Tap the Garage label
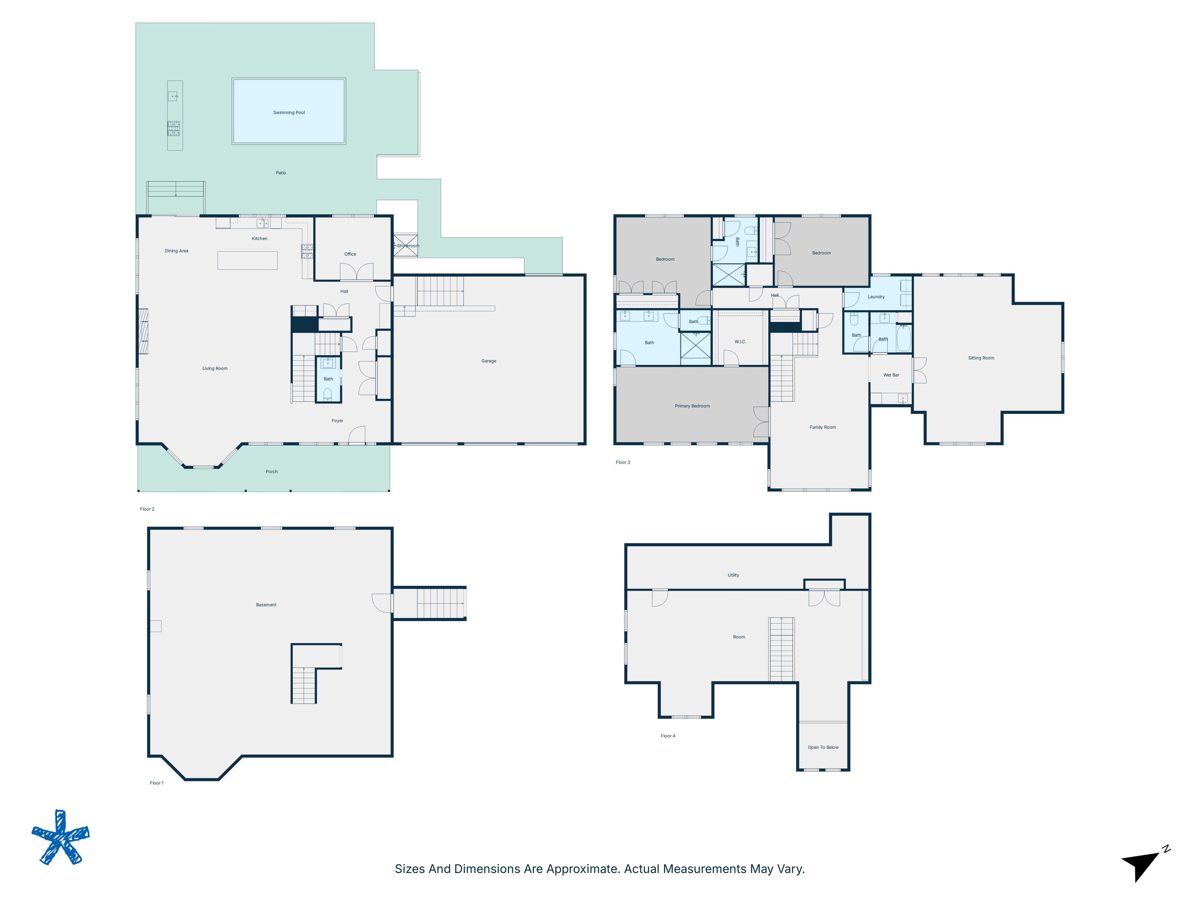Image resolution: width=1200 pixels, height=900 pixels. (488, 361)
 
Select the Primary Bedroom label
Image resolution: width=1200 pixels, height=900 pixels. (692, 406)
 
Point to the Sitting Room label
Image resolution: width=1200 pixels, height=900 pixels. (981, 358)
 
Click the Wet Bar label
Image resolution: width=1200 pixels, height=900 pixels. (891, 375)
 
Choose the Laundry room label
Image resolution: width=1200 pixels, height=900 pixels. (876, 297)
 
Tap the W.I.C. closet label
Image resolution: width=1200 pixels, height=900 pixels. (740, 342)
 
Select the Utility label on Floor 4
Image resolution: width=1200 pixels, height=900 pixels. (733, 575)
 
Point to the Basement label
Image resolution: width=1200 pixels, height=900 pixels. (266, 605)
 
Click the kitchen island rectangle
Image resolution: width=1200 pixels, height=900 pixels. (247, 260)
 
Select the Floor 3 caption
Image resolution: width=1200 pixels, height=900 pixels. (622, 462)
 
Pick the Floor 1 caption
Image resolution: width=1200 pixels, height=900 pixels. (156, 783)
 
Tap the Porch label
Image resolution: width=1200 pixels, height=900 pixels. (271, 471)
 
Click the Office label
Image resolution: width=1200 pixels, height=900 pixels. (350, 254)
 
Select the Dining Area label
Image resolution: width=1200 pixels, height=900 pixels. (176, 250)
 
